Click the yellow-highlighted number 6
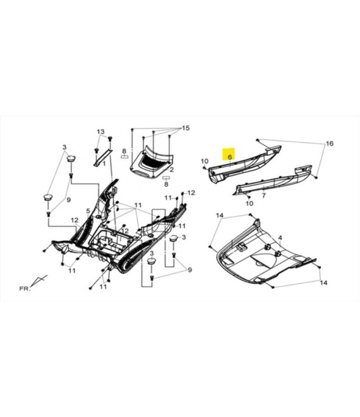point(230,157)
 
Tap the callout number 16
point(330,143)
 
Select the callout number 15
point(186,128)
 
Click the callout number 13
point(100,131)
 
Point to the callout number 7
point(263,195)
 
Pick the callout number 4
point(280,238)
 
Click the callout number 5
point(88,211)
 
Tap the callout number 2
point(172,170)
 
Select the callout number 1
point(104,164)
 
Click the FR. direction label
point(25,289)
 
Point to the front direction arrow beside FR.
point(39,281)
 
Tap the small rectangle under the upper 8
point(124,157)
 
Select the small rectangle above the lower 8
point(166,178)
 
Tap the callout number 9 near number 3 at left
point(69,200)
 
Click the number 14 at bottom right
point(323,282)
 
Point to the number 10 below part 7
point(249,203)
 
